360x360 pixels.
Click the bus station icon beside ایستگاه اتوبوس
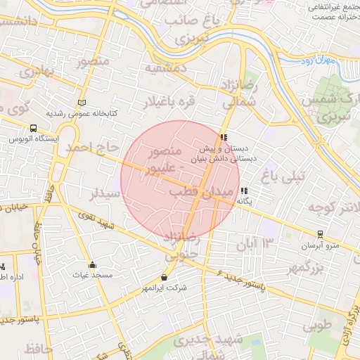click(x=34, y=128)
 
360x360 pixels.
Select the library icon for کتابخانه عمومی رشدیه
click(x=82, y=103)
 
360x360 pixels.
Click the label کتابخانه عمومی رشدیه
click(x=82, y=113)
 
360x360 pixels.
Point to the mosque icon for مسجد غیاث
click(x=92, y=265)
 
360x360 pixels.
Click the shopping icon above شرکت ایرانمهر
click(x=164, y=277)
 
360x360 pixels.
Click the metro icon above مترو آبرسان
click(x=320, y=234)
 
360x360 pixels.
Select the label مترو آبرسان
click(x=320, y=245)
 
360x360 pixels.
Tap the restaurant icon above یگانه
click(x=243, y=191)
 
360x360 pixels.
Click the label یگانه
click(x=243, y=201)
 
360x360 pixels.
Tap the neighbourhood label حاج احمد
click(x=89, y=148)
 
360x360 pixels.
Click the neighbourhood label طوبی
click(x=317, y=327)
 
